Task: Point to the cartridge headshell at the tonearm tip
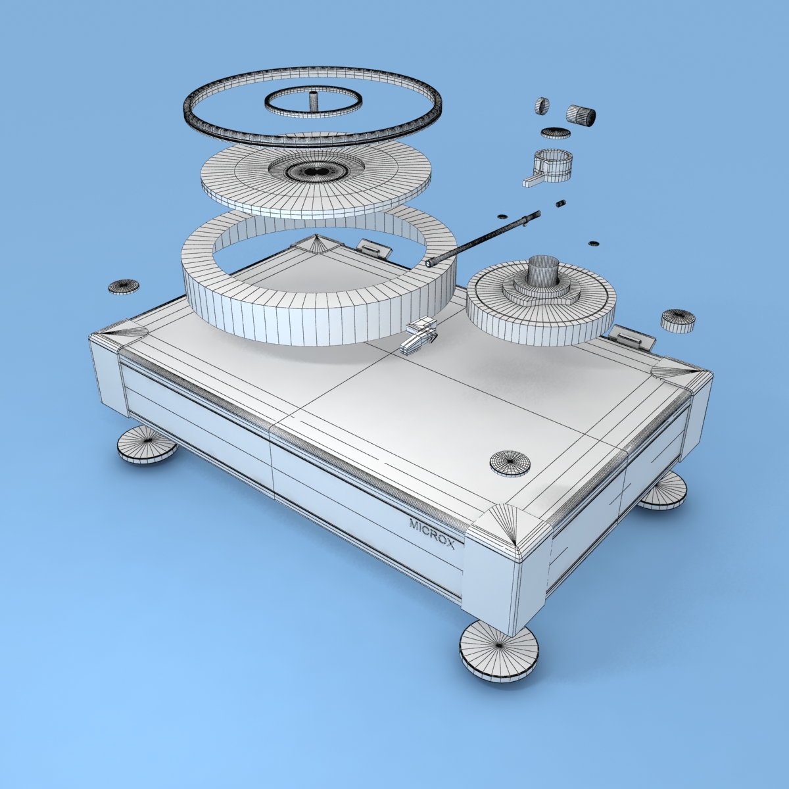[x=417, y=335]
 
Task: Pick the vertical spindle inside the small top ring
[x=314, y=101]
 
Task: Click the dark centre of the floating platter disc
[x=314, y=171]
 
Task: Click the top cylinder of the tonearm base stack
[x=544, y=270]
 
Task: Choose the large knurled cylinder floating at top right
[x=583, y=114]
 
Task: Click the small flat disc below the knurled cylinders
[x=555, y=134]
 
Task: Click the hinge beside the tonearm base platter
[x=633, y=337]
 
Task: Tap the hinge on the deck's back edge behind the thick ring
[x=375, y=247]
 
